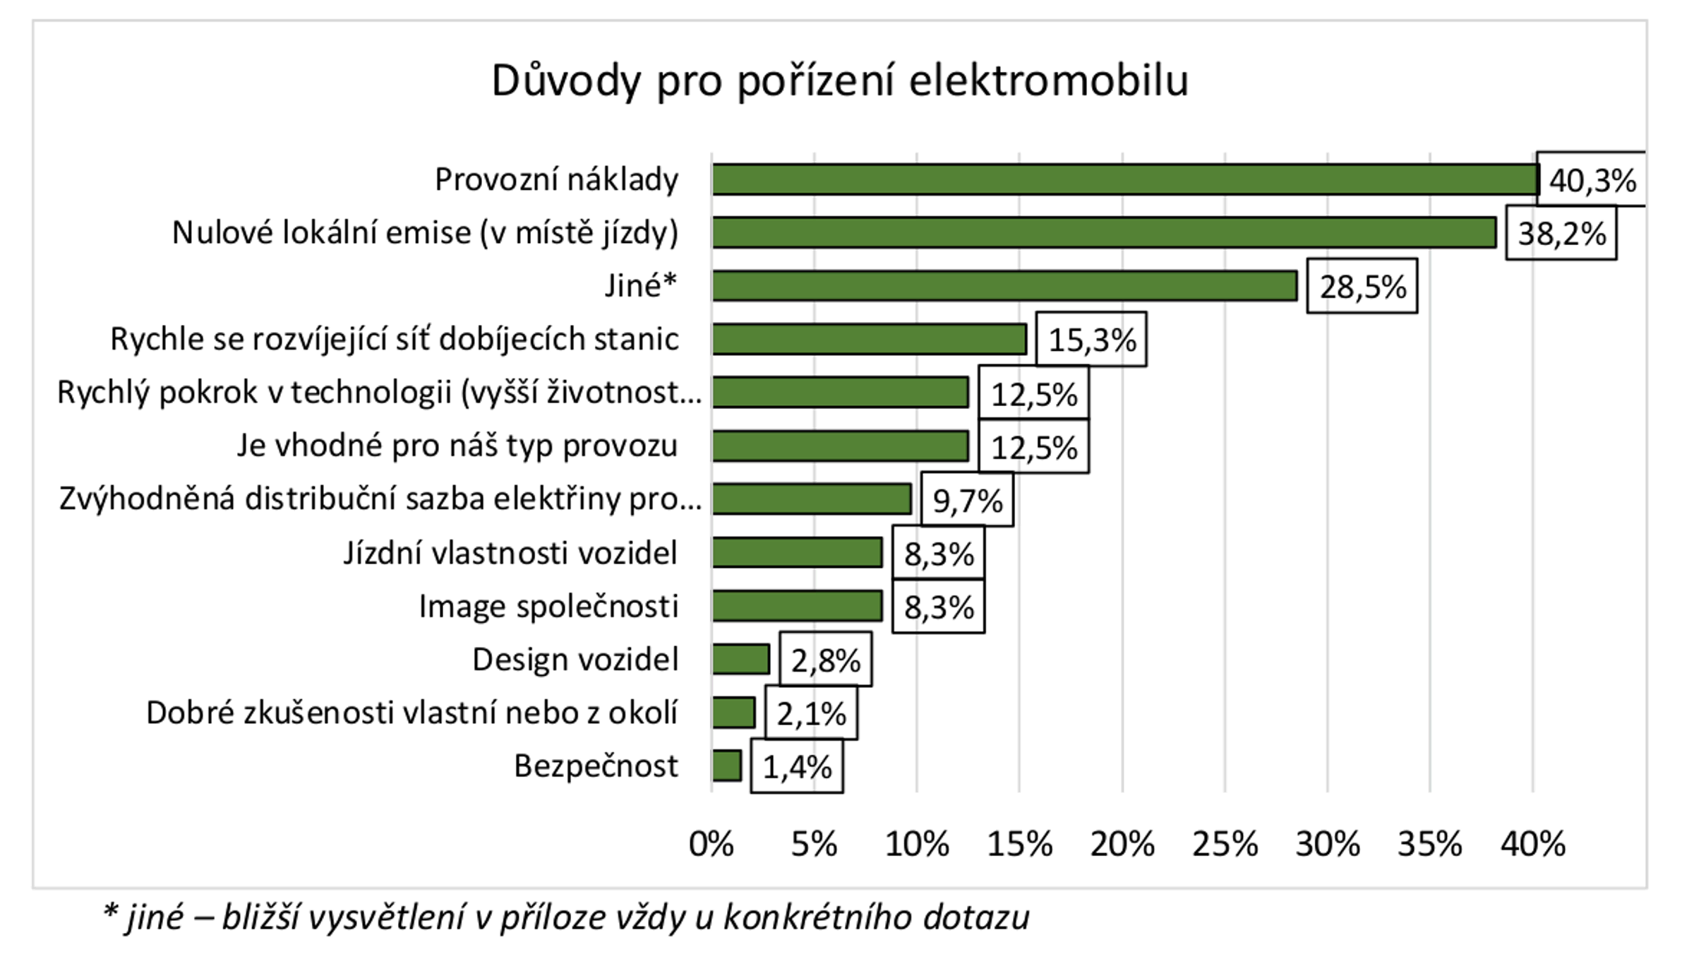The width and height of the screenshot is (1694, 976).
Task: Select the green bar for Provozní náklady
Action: (1125, 179)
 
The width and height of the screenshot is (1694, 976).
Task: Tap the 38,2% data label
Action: (1561, 233)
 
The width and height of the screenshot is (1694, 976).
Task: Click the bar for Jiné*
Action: (1004, 286)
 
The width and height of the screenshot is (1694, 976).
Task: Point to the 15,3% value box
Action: (1091, 340)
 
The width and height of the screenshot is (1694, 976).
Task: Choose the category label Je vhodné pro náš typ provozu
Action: (457, 446)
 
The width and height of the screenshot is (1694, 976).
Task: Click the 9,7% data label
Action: (967, 500)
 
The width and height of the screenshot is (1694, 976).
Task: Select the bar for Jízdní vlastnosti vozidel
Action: (797, 552)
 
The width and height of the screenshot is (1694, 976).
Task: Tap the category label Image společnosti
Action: (548, 606)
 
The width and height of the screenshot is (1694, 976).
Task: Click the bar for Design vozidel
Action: (740, 660)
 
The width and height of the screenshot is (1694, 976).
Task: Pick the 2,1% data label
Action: (811, 714)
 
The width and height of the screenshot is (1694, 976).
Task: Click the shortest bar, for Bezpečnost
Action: (726, 766)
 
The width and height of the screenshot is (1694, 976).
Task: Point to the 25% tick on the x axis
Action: (1225, 844)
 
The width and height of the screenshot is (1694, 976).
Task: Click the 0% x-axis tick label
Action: (711, 844)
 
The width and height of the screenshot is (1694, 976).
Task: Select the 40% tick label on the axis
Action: (1532, 844)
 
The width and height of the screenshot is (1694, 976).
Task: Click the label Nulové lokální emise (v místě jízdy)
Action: (425, 232)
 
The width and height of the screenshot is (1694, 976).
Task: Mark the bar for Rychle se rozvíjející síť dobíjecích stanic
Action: (869, 340)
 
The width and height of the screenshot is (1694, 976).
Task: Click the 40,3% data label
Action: (1592, 181)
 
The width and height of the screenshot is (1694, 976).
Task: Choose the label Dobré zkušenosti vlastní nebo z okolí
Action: (412, 713)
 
